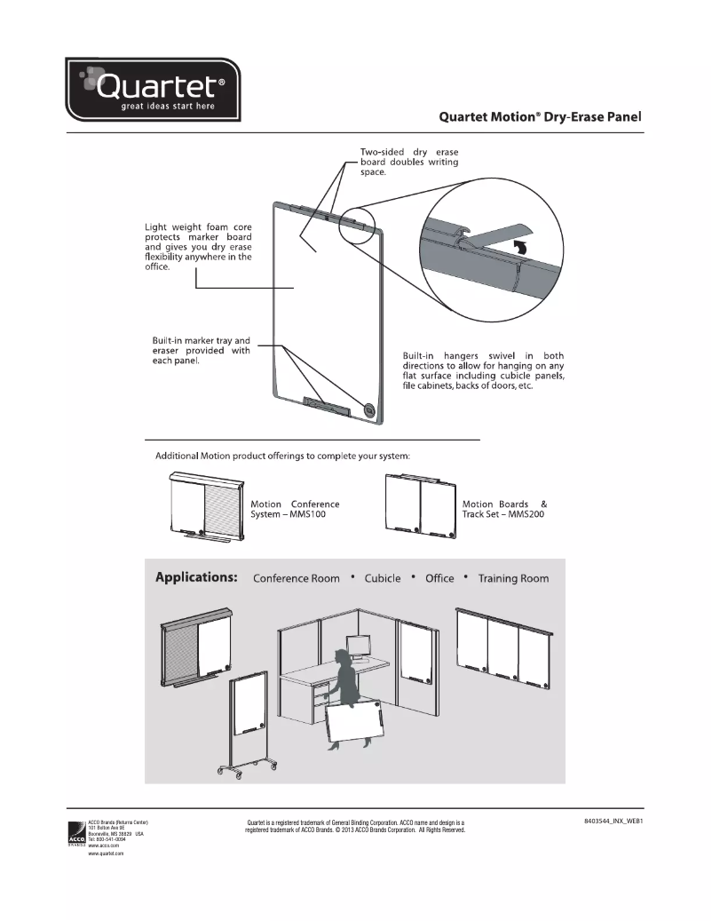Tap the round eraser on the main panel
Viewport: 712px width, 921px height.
(369, 410)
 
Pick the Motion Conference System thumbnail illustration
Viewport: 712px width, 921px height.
(205, 505)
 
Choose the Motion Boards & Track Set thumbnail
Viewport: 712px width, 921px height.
(420, 505)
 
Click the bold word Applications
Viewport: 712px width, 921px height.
(196, 577)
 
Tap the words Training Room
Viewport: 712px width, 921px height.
(513, 578)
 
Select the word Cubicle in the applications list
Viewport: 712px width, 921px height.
(383, 578)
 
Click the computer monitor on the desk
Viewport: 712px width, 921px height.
(360, 646)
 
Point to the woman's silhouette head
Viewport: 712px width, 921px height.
(341, 657)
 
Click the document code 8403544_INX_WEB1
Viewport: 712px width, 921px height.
(613, 822)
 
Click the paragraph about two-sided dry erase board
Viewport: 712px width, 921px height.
(409, 162)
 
